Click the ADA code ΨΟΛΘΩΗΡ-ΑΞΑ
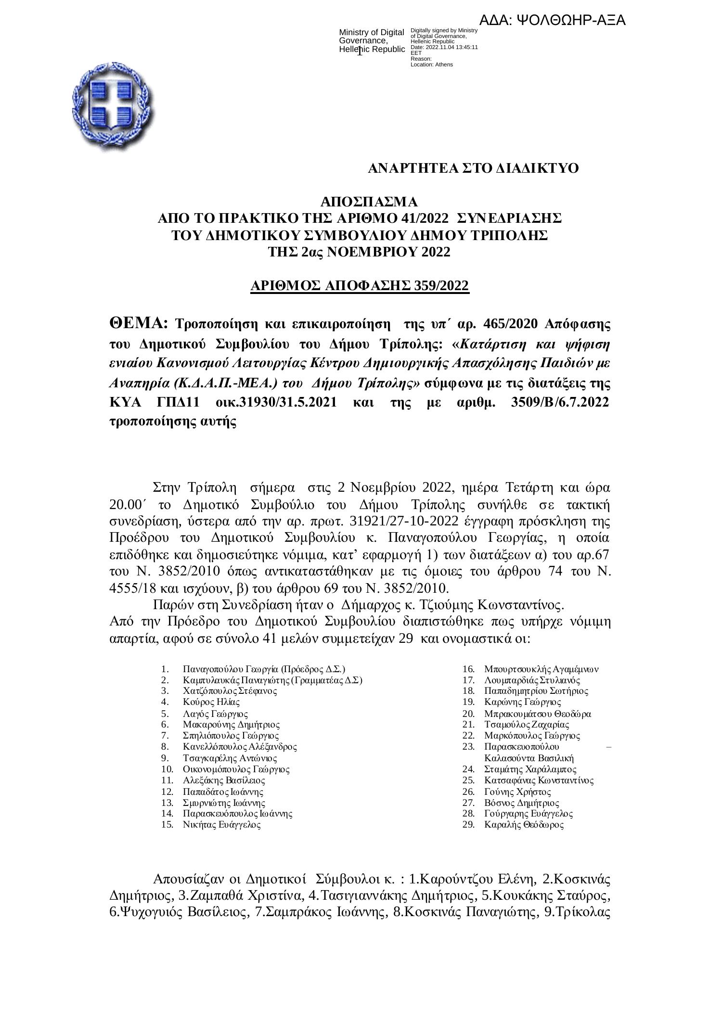click(x=552, y=20)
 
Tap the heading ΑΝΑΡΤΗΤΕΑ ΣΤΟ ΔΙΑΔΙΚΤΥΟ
click(x=473, y=169)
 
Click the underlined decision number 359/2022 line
click(x=360, y=286)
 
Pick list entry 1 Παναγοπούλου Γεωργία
click(x=264, y=669)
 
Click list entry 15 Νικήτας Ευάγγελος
click(x=222, y=825)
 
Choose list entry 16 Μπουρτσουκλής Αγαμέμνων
click(x=541, y=669)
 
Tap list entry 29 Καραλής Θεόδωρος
click(x=524, y=825)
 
